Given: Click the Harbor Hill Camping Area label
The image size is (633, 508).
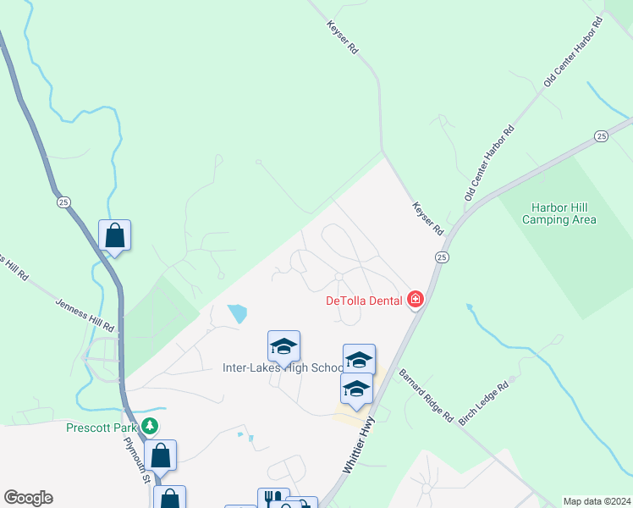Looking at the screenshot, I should pos(559,213).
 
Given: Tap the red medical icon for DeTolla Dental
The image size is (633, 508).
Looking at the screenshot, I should pos(415,299).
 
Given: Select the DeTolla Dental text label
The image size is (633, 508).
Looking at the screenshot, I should pos(364,300).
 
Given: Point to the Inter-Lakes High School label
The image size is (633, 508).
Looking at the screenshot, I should pos(283,367).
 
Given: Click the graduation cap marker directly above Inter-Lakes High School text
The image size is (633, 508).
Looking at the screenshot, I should pos(283,345).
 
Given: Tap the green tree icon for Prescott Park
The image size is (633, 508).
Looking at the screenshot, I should pos(150,426).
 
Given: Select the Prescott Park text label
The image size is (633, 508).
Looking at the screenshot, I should pos(102,427).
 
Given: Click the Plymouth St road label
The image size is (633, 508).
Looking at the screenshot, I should pos(136,459).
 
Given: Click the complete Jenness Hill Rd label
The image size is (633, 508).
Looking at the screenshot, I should pos(85,313).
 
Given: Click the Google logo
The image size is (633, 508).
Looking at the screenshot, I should pos(28,498).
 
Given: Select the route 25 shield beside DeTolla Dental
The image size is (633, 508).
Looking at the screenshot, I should pos(442,256).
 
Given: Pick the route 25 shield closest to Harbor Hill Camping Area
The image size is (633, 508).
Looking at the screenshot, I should pos(601,136).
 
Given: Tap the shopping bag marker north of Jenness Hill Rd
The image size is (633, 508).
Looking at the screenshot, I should pos(114,236).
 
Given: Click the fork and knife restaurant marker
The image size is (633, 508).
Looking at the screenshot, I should pos(272,500).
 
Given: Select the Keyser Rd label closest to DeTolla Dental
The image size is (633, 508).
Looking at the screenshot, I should pos(427,218).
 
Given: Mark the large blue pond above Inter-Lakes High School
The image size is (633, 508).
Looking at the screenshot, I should pos(238,314).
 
